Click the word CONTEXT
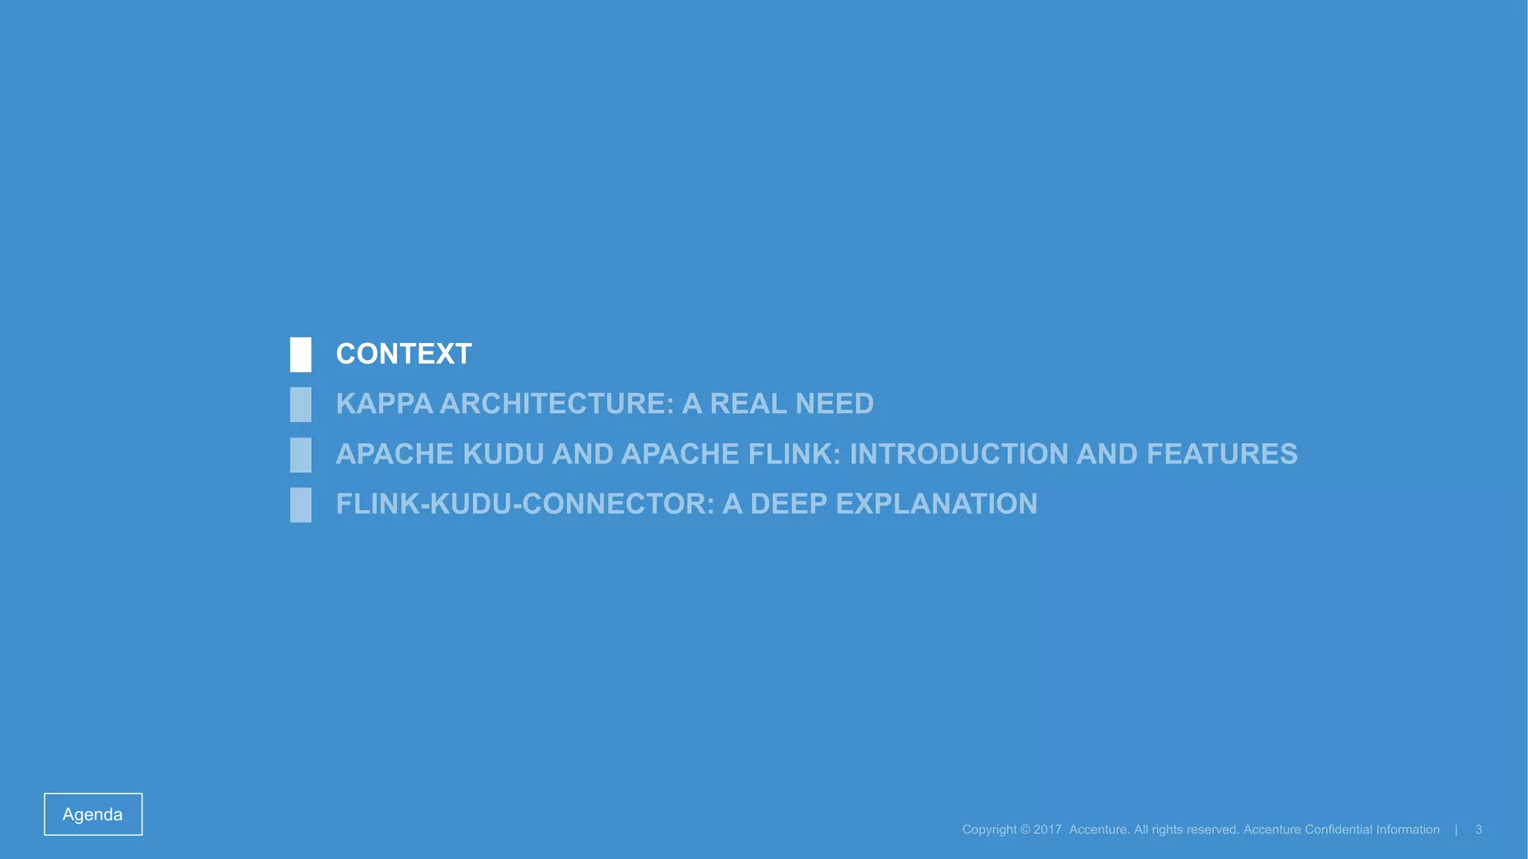404,354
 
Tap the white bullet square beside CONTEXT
301,355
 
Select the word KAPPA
384,404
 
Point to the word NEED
834,404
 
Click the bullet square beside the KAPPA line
301,405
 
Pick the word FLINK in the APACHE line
794,454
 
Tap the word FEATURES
1221,454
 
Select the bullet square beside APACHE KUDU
301,455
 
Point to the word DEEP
789,504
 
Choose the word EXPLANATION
936,504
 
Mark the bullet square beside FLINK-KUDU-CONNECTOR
301,505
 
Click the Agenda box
93,814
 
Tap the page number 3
1478,830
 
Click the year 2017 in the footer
1047,830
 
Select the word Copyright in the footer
989,830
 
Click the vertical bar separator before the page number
1456,830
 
